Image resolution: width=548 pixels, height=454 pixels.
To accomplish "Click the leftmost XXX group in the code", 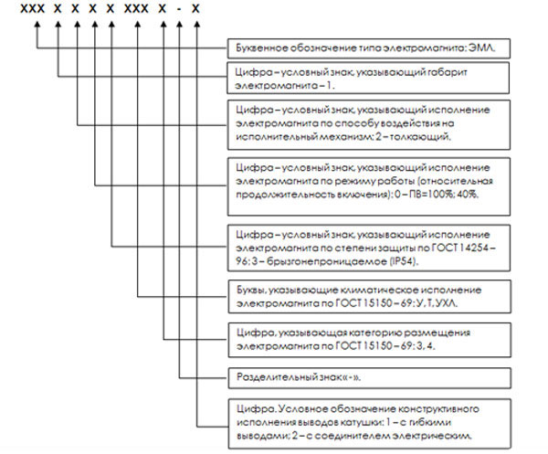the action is pyautogui.click(x=33, y=9).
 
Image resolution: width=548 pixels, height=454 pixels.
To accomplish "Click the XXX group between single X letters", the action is pyautogui.click(x=136, y=9).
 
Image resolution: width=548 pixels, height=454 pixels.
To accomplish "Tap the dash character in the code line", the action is pyautogui.click(x=179, y=9).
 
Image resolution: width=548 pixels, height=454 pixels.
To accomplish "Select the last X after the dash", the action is pyautogui.click(x=195, y=9).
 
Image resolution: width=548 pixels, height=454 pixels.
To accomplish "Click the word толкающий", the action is pyautogui.click(x=420, y=137).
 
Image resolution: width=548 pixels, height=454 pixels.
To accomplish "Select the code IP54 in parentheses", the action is pyautogui.click(x=404, y=261).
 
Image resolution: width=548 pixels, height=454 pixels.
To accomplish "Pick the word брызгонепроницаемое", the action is pyautogui.click(x=327, y=262).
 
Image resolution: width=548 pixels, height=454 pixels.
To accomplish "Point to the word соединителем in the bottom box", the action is pyautogui.click(x=353, y=436).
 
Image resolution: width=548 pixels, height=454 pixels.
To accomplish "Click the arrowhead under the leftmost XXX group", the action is pyautogui.click(x=37, y=25).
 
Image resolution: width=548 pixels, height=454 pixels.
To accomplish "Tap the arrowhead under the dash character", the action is pyautogui.click(x=179, y=25).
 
